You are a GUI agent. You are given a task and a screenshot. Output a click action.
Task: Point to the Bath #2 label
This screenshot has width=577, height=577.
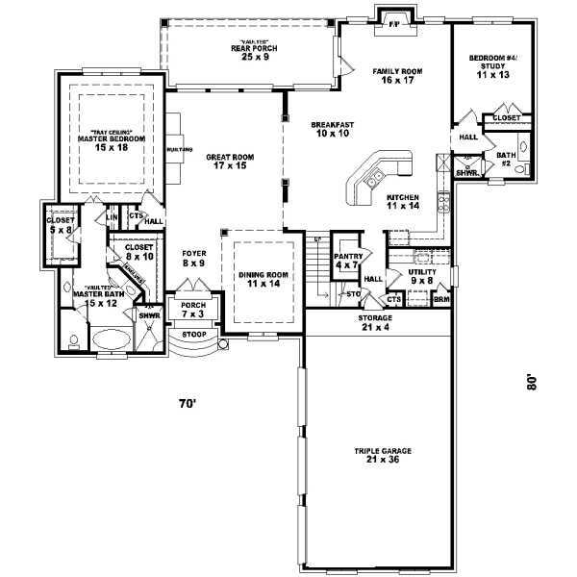505,160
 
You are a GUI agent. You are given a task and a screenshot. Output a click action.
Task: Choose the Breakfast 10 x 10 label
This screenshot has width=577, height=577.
333,129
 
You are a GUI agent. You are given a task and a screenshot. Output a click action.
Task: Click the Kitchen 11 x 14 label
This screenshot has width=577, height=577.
402,201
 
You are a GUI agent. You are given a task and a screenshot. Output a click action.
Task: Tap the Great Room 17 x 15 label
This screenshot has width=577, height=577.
228,162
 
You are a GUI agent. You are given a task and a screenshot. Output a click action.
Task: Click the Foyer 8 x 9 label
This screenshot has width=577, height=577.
194,258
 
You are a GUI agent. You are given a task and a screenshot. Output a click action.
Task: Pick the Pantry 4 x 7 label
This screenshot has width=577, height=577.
346,262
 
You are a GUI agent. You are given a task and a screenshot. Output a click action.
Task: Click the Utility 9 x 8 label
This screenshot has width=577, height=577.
422,277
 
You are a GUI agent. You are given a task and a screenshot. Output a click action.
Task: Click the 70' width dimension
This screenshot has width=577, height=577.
187,403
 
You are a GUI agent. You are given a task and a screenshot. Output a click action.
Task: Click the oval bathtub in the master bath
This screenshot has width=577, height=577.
107,339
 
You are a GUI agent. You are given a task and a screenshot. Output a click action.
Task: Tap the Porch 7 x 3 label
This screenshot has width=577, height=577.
192,309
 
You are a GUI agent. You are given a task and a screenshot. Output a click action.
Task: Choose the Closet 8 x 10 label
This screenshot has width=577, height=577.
138,252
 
